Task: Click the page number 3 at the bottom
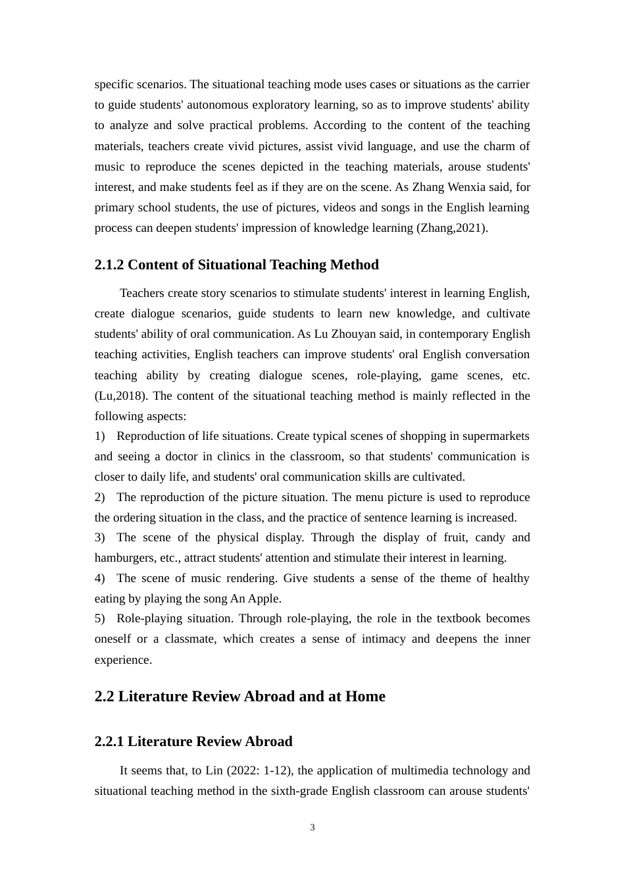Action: [312, 828]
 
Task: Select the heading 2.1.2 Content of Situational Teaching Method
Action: [236, 265]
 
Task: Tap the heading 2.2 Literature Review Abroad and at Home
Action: [239, 697]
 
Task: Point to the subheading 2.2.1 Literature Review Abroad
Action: [193, 741]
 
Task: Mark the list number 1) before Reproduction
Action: [100, 436]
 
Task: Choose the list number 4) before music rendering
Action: [100, 578]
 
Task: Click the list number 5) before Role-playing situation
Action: [100, 618]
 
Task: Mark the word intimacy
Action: [386, 639]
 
